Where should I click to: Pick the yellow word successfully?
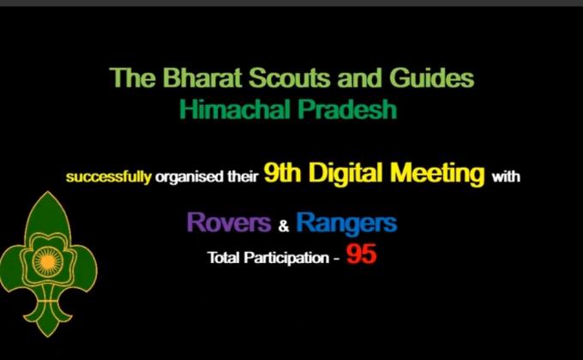(x=110, y=179)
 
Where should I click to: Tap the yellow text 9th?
(x=281, y=175)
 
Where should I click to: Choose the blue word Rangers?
(x=346, y=224)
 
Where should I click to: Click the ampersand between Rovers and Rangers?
(x=285, y=226)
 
